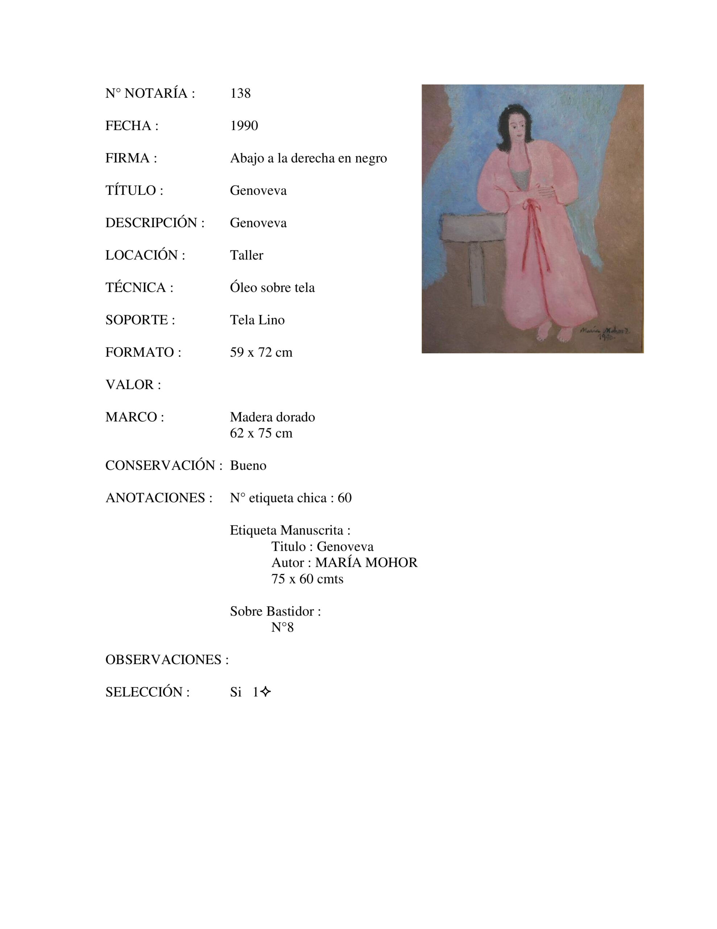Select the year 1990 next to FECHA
click(244, 126)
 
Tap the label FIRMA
click(131, 158)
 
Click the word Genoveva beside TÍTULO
click(258, 191)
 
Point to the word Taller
click(246, 255)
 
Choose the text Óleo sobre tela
click(272, 287)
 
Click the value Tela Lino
click(257, 320)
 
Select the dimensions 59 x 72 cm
click(261, 352)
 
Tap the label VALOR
click(133, 385)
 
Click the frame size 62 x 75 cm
click(261, 433)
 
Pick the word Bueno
click(248, 466)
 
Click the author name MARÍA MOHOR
click(366, 563)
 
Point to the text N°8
click(282, 627)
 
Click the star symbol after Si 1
click(265, 692)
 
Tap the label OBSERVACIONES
click(167, 660)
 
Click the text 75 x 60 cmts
click(307, 579)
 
